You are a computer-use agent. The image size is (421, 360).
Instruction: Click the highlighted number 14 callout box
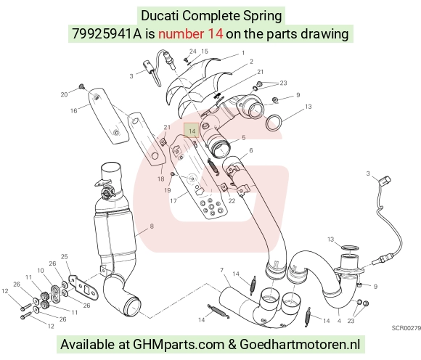191,130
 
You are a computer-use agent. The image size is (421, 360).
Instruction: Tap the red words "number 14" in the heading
190,34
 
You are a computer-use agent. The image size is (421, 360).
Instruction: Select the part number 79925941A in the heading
107,34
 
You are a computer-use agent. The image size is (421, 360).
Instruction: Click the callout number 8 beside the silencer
152,226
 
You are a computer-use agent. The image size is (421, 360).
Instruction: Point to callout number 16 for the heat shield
74,110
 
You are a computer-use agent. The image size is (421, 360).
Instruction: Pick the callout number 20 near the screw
64,94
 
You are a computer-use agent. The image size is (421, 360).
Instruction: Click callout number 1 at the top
243,52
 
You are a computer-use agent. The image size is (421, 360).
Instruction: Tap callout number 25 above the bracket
64,257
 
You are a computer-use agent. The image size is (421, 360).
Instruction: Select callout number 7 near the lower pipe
222,270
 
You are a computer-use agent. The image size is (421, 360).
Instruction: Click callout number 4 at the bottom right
339,321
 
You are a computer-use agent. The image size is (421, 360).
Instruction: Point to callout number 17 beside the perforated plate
173,200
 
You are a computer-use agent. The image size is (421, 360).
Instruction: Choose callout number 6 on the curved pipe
251,150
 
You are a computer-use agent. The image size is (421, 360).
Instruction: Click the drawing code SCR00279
406,328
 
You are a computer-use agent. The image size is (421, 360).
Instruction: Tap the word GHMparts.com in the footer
179,344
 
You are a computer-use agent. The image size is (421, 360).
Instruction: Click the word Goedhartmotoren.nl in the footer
299,344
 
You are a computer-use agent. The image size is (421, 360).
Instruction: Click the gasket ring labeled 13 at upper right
274,122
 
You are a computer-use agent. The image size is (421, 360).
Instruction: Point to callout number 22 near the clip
232,201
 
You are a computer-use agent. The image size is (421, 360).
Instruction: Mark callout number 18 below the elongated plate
161,179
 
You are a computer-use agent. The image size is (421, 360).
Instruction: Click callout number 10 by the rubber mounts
41,270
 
